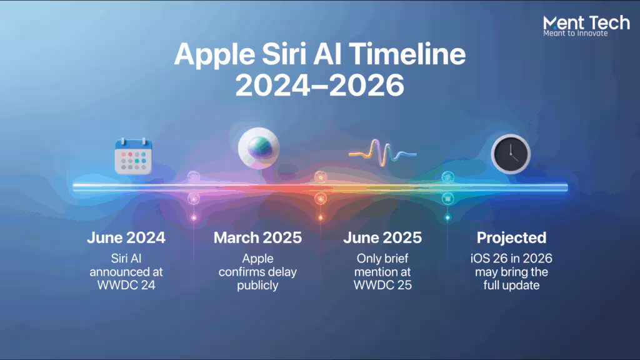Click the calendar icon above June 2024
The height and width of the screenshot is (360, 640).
(134, 156)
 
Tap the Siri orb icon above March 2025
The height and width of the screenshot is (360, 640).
(259, 148)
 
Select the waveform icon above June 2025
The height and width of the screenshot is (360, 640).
(382, 153)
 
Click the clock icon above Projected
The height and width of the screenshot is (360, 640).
(511, 154)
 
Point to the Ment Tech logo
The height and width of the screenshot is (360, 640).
(586, 26)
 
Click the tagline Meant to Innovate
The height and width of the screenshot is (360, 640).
(576, 34)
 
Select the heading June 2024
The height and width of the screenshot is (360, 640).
(126, 237)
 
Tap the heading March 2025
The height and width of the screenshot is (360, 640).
(257, 237)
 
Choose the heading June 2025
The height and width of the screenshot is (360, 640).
(382, 237)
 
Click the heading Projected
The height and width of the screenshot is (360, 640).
(511, 237)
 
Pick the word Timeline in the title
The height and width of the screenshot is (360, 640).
(407, 54)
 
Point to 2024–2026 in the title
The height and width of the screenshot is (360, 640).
(320, 85)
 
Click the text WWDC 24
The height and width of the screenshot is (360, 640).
(126, 285)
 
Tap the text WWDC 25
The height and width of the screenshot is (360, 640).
(382, 285)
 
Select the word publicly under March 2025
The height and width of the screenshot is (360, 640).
(257, 285)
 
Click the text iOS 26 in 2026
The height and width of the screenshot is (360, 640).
(511, 258)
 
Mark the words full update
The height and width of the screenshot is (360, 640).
(511, 285)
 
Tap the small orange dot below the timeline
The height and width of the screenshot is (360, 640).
(321, 217)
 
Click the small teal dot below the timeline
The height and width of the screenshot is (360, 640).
(447, 217)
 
